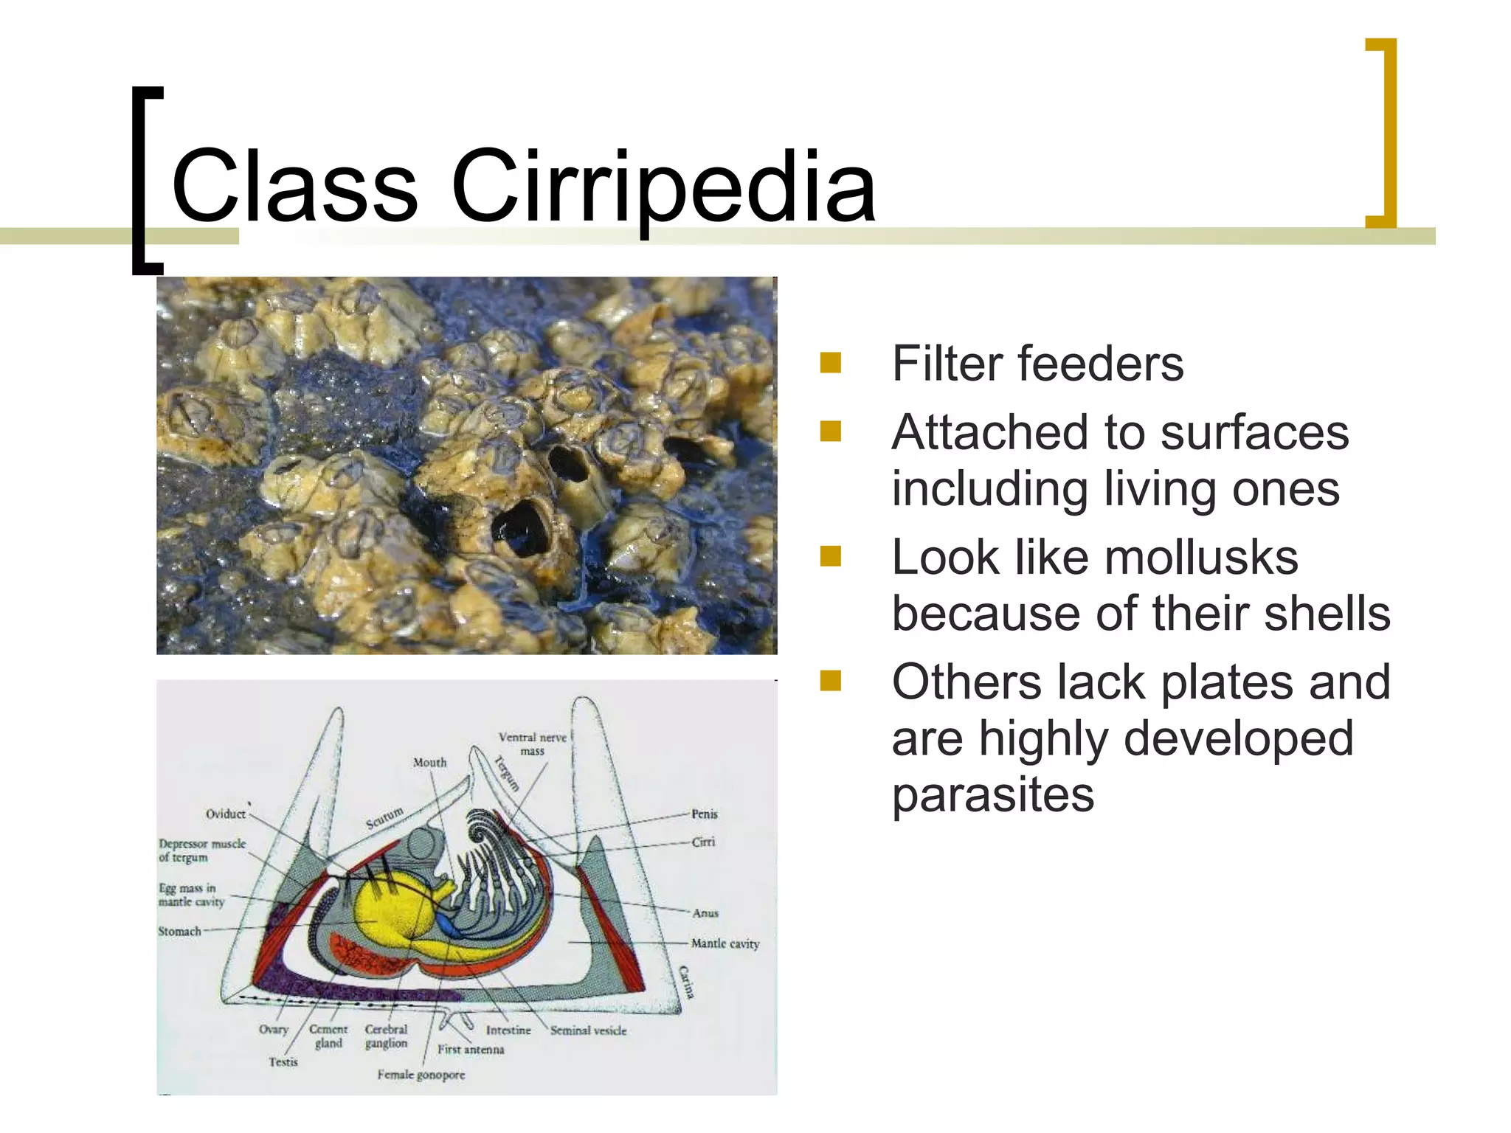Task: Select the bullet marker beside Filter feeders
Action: click(831, 363)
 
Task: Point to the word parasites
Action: click(992, 794)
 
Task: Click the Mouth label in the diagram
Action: click(429, 762)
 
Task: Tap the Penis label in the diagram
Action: click(704, 814)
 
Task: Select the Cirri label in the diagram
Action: click(703, 842)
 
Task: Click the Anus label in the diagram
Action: click(705, 913)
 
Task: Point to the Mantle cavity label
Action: click(725, 943)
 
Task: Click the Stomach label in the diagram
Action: click(179, 932)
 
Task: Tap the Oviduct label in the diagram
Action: click(225, 814)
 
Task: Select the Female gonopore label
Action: click(421, 1075)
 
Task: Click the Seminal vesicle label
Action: click(588, 1030)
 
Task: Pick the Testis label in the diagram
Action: click(283, 1062)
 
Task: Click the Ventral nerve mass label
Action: click(532, 744)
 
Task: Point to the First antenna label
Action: click(471, 1049)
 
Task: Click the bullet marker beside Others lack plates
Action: click(831, 680)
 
